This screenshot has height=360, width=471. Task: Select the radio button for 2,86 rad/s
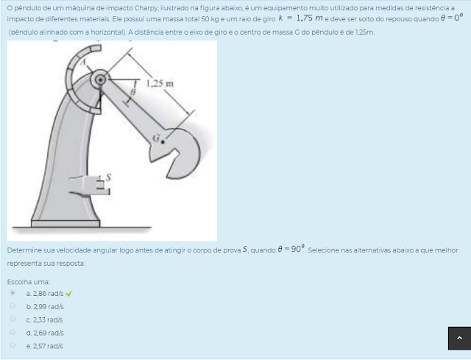point(13,292)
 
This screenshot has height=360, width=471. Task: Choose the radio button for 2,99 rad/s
point(13,306)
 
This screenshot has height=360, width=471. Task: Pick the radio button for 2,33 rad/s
point(13,319)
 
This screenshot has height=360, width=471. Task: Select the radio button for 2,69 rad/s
point(13,332)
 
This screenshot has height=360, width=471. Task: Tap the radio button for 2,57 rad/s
point(13,345)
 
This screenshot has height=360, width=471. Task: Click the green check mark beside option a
point(68,293)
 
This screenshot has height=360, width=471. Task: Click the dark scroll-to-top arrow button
point(459,338)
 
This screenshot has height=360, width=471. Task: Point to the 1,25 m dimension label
point(160,83)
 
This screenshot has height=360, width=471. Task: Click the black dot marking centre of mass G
point(163,141)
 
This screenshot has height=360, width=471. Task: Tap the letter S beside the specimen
point(108,177)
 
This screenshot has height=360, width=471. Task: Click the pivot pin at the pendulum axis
point(100,80)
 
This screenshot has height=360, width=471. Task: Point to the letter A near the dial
point(85,62)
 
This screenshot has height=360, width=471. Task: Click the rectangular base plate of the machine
point(65,223)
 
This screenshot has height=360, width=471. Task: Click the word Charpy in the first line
point(146,8)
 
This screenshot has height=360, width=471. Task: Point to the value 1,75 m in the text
point(309,18)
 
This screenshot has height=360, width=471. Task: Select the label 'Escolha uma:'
point(28,282)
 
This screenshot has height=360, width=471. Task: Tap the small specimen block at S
point(100,183)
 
